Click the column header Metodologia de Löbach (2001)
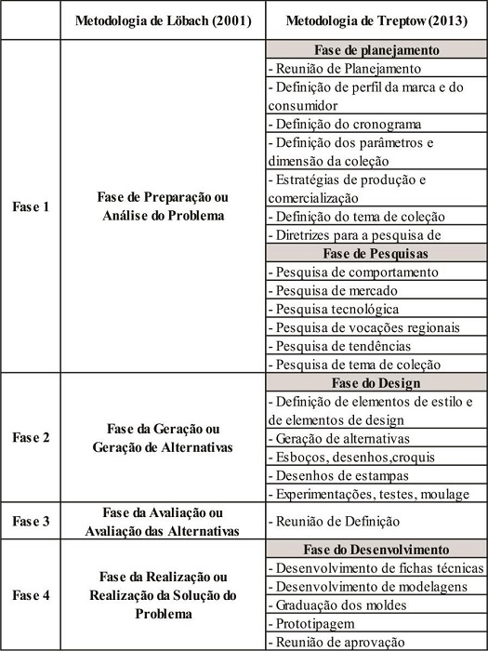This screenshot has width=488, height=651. point(162,20)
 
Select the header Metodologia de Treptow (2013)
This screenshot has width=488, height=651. point(376,20)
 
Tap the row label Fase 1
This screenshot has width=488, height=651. point(31,206)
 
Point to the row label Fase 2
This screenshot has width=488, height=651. point(31,438)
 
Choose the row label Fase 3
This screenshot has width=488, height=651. point(31,522)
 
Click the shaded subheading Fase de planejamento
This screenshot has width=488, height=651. point(376,50)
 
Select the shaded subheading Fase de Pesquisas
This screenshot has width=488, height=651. point(376,253)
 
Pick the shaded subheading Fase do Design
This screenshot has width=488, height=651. point(376,382)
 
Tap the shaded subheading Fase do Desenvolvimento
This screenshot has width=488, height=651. point(376,549)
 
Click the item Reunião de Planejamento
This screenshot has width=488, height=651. point(349,68)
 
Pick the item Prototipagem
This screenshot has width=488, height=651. point(313,623)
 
